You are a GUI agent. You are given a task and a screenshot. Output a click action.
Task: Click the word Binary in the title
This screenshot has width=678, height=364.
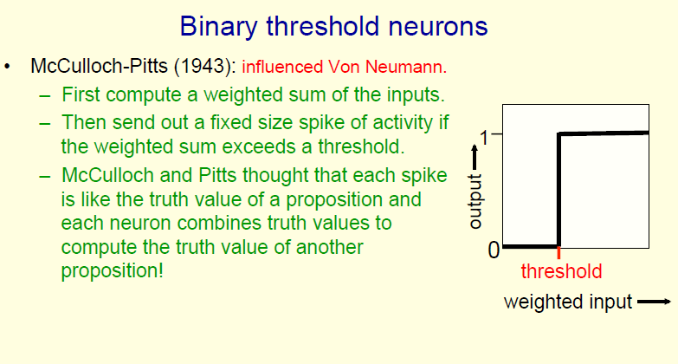tap(219, 27)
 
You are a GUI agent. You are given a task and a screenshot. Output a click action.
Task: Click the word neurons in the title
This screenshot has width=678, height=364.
tap(438, 26)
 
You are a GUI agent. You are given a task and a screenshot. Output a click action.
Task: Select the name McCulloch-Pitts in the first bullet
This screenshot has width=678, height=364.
tap(99, 66)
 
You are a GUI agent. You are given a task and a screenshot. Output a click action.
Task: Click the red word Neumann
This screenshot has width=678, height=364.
tap(406, 67)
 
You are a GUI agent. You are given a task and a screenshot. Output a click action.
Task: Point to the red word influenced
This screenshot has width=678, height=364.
tap(282, 67)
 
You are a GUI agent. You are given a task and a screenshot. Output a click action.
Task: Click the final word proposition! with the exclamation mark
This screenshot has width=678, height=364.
tap(113, 271)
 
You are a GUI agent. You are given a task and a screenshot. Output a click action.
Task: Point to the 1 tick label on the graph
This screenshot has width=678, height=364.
tap(484, 138)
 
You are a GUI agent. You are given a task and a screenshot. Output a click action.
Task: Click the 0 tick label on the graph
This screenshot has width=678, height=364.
tap(494, 250)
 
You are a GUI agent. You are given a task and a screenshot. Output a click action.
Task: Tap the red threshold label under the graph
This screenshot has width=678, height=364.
tap(561, 271)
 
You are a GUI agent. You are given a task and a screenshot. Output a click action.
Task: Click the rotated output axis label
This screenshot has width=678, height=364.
tap(475, 201)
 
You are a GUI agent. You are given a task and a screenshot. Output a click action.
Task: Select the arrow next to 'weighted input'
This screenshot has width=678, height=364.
tap(655, 302)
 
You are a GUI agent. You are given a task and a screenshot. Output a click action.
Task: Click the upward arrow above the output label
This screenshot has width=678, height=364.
tap(475, 157)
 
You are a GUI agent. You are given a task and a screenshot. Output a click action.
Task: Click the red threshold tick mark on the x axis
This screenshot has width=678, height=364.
tap(559, 253)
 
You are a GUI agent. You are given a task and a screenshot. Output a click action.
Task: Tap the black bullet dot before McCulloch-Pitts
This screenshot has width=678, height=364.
tap(7, 67)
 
